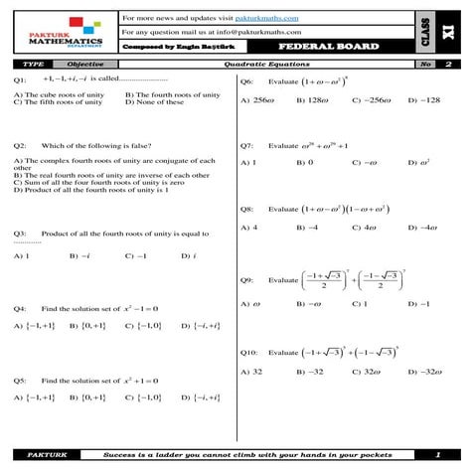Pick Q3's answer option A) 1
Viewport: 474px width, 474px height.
tap(22, 255)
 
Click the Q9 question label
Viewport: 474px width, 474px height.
tap(247, 280)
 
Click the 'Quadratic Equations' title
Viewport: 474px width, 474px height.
tap(253, 64)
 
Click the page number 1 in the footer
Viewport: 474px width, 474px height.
tap(437, 455)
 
